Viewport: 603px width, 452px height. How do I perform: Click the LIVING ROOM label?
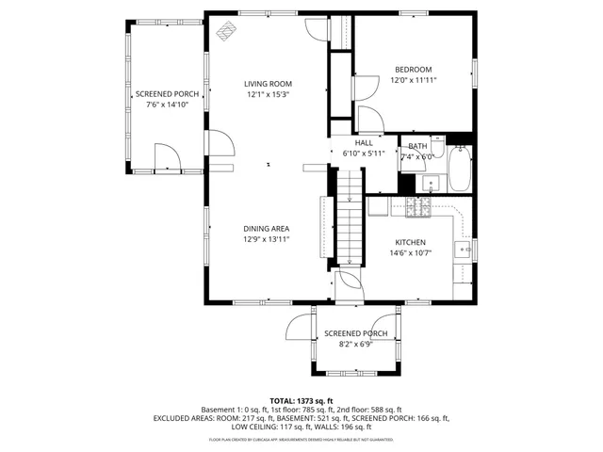(x=268, y=84)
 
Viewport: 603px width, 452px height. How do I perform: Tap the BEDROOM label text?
(x=413, y=70)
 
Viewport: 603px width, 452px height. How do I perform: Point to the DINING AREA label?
(x=267, y=229)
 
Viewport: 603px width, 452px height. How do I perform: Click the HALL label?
(x=364, y=141)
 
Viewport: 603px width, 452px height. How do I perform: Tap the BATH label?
(x=417, y=146)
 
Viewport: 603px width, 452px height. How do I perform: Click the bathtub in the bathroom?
(x=459, y=169)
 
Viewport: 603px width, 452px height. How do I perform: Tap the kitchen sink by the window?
(x=463, y=250)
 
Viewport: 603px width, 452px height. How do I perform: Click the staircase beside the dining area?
(x=350, y=217)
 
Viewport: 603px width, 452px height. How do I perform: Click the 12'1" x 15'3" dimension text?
(x=268, y=95)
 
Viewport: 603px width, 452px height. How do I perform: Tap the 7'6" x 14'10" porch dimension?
(x=168, y=105)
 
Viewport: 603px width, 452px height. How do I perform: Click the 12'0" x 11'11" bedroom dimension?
(x=413, y=81)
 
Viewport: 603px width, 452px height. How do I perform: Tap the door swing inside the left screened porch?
(x=164, y=156)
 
